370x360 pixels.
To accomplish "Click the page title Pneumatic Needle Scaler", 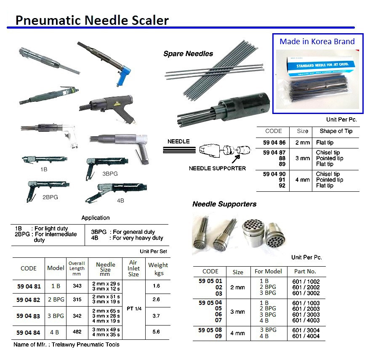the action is tap(92, 20).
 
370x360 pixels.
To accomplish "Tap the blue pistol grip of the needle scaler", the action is tap(123, 75).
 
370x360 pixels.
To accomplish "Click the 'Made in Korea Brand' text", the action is tap(317, 42).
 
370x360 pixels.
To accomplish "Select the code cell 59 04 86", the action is tap(274, 143).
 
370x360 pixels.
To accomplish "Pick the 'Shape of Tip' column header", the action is tap(336, 131).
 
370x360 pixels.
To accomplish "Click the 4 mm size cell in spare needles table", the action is tap(303, 180).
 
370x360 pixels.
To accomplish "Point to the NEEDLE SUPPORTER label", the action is tap(217, 168).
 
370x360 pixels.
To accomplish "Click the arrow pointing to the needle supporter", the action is tap(236, 159).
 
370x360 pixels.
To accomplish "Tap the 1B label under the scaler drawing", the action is tap(44, 169).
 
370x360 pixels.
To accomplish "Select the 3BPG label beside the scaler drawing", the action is tap(110, 174).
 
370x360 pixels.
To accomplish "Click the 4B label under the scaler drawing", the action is tap(120, 201).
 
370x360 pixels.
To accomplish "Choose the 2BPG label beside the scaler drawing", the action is tap(50, 197).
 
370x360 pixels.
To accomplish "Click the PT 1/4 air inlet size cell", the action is tap(134, 309).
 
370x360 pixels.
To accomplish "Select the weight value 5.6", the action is tap(156, 332).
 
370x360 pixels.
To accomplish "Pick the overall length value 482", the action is tap(77, 332).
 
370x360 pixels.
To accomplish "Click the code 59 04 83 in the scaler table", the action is tap(28, 316).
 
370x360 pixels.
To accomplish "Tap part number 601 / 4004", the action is tap(306, 336).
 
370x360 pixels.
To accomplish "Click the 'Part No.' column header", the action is tap(305, 272).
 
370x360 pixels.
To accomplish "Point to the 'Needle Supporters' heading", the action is tap(224, 204).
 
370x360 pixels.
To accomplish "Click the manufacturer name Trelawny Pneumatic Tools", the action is tap(85, 345).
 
